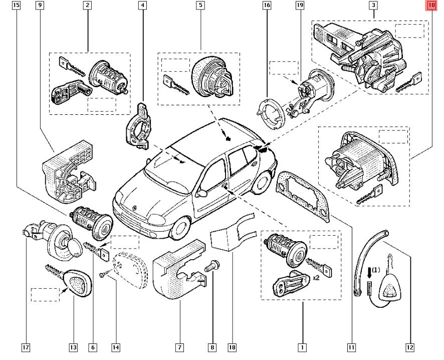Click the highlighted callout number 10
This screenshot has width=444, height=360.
click(431, 6)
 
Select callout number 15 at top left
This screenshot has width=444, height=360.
click(17, 6)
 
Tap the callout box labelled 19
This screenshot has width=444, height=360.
click(300, 6)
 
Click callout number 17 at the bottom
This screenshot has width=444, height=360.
click(26, 346)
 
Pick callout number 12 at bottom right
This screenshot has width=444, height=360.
click(410, 346)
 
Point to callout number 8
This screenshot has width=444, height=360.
click(213, 346)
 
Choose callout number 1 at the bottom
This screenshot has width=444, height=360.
click(302, 346)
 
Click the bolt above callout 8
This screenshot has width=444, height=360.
click(213, 265)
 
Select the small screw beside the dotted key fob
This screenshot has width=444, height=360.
click(104, 274)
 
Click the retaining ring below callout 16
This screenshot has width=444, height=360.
click(271, 113)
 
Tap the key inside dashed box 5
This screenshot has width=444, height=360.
click(175, 83)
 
